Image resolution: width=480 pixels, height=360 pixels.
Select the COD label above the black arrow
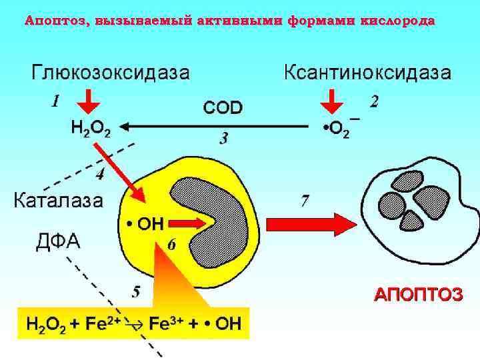click(223, 108)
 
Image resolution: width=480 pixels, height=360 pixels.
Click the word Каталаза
click(59, 200)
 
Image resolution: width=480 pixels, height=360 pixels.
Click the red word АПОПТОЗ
click(418, 295)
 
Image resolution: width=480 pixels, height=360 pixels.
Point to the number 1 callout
click(55, 101)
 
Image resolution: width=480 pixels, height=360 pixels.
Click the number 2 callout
click(375, 101)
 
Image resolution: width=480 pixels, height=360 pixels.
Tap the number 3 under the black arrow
click(224, 139)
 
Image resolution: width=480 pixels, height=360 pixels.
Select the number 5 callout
click(136, 291)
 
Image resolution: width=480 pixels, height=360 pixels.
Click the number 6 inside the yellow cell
click(172, 245)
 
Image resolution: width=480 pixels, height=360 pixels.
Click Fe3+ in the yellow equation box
click(167, 325)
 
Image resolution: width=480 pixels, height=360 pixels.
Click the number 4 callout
click(100, 175)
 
